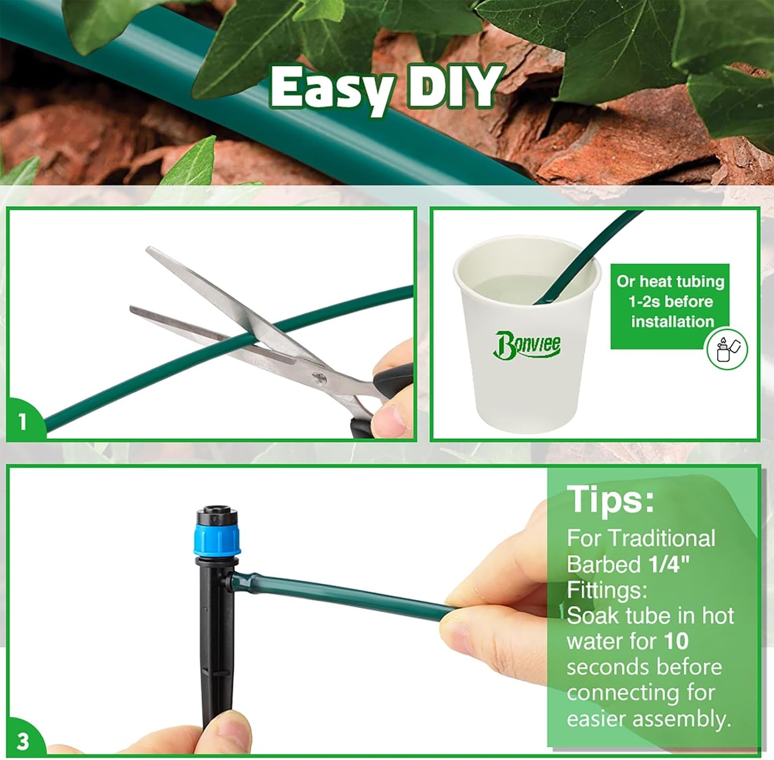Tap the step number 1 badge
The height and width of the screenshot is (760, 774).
[x=22, y=422]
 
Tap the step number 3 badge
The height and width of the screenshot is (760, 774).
[x=22, y=741]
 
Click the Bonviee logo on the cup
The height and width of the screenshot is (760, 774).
[x=527, y=344]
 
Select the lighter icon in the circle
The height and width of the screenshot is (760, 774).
[x=726, y=349]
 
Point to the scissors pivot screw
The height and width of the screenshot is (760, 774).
[x=319, y=378]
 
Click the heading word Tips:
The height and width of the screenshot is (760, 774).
[x=611, y=500]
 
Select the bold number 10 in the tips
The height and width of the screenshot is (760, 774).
[x=675, y=642]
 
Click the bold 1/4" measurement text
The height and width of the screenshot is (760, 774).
[x=668, y=564]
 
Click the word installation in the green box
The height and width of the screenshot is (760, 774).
[x=672, y=322]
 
